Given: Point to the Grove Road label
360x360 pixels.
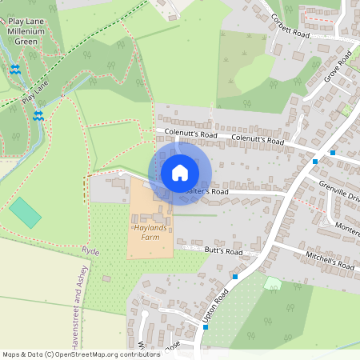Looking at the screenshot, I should pyautogui.click(x=338, y=68).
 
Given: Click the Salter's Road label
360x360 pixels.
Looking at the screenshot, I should pyautogui.click(x=206, y=192).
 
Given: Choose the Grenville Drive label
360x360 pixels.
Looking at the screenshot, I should pyautogui.click(x=340, y=193).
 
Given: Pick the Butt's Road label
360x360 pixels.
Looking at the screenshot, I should pyautogui.click(x=223, y=251).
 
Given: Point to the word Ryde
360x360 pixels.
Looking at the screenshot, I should pyautogui.click(x=90, y=250).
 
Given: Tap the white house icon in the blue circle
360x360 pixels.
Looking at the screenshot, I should pyautogui.click(x=180, y=173).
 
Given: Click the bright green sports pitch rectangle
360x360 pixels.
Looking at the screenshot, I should pyautogui.click(x=26, y=212).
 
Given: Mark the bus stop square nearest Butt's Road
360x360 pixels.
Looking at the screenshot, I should pyautogui.click(x=235, y=277).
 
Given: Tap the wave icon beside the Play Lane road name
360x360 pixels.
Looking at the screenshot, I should pyautogui.click(x=38, y=115).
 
